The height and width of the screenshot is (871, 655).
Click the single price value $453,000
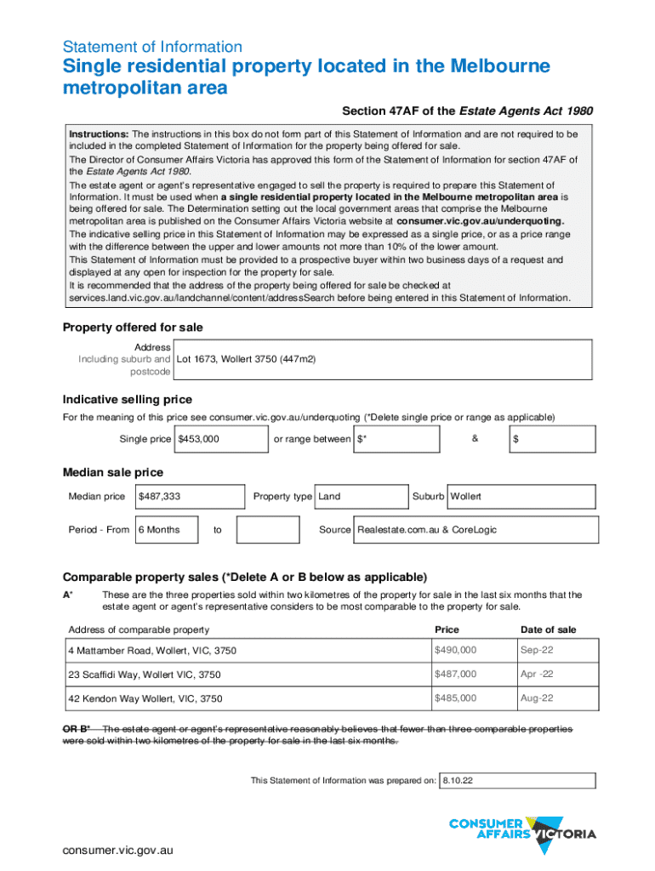(x=199, y=439)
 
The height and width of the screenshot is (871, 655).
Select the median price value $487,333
(x=159, y=496)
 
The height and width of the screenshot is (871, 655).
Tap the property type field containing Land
(x=330, y=496)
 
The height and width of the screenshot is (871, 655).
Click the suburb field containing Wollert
(x=466, y=496)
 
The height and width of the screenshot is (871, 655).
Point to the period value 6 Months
(x=159, y=530)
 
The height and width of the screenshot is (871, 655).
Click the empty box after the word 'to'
(x=267, y=530)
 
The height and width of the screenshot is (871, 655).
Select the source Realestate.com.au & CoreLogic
(x=427, y=530)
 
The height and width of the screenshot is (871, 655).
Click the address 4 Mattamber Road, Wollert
(x=152, y=651)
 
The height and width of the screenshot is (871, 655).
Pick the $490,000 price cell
(x=455, y=650)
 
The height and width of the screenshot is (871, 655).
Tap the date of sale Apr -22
(x=537, y=674)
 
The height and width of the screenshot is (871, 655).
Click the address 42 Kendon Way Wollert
(x=145, y=698)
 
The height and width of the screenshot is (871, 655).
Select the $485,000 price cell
(x=455, y=697)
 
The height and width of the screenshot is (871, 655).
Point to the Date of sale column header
(x=548, y=629)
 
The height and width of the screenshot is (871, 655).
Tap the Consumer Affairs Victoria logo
(x=521, y=828)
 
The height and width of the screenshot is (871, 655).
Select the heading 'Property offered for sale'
(x=133, y=327)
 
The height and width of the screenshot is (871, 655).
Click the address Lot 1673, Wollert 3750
(x=246, y=360)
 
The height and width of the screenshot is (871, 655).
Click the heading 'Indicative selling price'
(x=128, y=400)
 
